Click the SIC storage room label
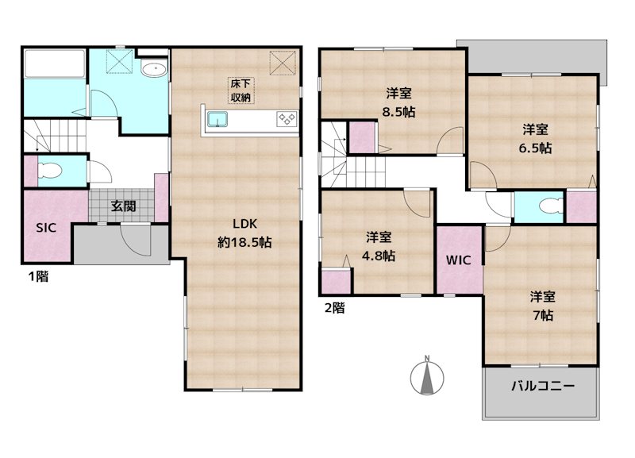45,227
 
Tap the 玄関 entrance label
123,206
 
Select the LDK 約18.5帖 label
244,233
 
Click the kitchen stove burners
286,120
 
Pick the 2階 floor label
334,309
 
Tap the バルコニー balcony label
541,387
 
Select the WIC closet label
459,260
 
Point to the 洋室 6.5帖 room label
537,137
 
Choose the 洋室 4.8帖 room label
379,246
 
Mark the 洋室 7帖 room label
543,306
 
